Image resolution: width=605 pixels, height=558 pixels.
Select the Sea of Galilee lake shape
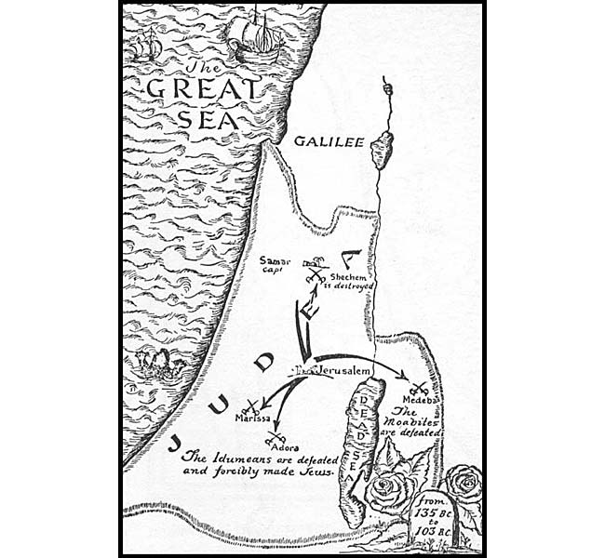coord(381,150)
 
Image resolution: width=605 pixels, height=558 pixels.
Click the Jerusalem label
coord(341,371)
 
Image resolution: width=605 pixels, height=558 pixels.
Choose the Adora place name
coord(283,446)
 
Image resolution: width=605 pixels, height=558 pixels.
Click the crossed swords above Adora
coord(276,435)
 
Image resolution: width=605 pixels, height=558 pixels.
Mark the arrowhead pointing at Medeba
coord(404,376)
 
